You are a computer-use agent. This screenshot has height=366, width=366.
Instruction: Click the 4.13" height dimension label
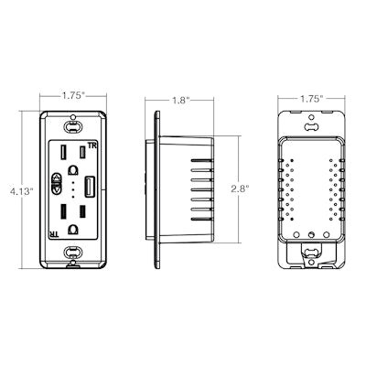click(x=21, y=191)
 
